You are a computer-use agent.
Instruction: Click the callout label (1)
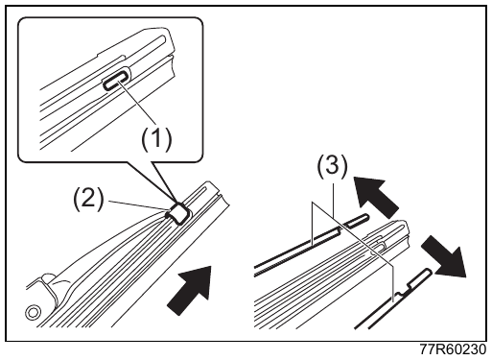(x=156, y=139)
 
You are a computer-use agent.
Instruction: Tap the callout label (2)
(x=89, y=199)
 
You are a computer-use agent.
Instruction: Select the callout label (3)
(x=332, y=167)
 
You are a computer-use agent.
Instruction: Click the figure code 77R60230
(x=453, y=349)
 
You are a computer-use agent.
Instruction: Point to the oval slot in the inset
(x=116, y=82)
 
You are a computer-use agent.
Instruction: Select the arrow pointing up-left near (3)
(x=374, y=194)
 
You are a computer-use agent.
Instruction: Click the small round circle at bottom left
(x=33, y=312)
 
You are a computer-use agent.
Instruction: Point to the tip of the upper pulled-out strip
(x=366, y=218)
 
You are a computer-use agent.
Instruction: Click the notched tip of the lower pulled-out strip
(x=429, y=272)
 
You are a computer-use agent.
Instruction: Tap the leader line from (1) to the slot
(x=138, y=103)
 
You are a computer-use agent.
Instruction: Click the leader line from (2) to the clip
(x=137, y=205)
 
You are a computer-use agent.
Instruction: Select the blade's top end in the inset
(x=168, y=38)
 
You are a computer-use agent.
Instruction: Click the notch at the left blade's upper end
(x=219, y=193)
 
